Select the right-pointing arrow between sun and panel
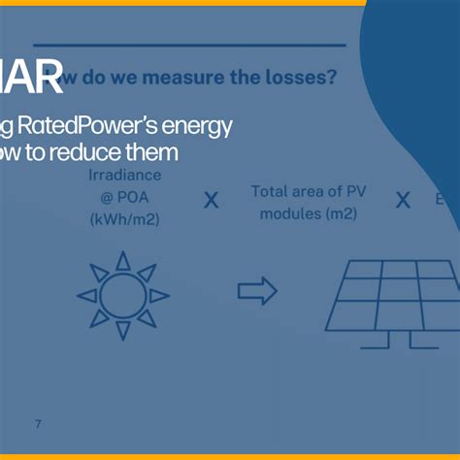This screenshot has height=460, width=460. [x=257, y=290]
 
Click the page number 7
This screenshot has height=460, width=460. [x=38, y=424]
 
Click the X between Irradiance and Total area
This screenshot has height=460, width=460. [x=211, y=201]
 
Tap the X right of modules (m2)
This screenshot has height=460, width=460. [x=403, y=201]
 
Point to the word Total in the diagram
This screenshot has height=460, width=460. [x=272, y=191]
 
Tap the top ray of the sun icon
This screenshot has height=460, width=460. [x=122, y=260]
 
